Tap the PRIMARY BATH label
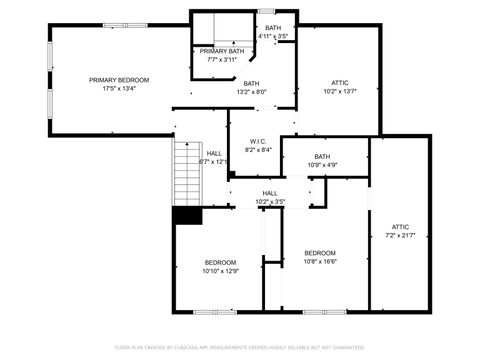[222, 51]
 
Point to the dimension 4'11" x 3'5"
[273, 36]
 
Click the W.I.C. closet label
[257, 141]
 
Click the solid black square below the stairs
[187, 215]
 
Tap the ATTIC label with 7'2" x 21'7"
[400, 227]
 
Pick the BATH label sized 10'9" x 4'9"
[322, 156]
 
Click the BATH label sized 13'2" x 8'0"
[251, 83]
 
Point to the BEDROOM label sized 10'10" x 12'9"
[221, 262]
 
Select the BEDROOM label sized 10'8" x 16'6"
[320, 252]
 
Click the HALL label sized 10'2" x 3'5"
[270, 193]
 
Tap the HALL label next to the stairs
[214, 153]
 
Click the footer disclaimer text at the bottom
[240, 348]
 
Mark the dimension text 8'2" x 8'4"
[257, 150]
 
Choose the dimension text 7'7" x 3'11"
[222, 60]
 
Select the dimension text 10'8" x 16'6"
[320, 261]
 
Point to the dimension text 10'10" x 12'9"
[221, 270]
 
